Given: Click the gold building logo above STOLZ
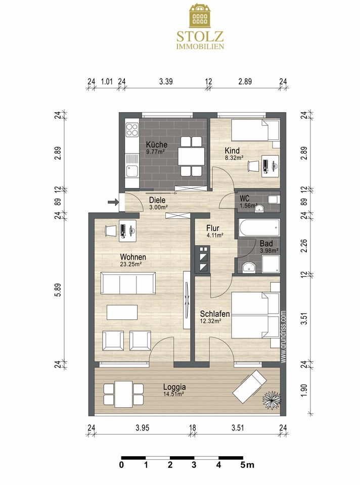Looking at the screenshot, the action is [x=200, y=15].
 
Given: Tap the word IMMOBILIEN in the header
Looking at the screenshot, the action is [x=200, y=46].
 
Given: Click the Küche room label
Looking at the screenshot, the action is [x=157, y=144].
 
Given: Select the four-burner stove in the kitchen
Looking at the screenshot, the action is [x=132, y=130].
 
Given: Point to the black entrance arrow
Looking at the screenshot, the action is [x=113, y=203].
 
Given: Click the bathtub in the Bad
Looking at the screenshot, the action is [x=259, y=228].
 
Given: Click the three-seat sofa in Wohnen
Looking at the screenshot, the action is [x=128, y=283].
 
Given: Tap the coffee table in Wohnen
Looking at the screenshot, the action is [x=122, y=312].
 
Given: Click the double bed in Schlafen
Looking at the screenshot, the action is [x=256, y=315].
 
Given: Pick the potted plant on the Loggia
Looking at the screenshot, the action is [x=272, y=400].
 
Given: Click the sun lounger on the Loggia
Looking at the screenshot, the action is [x=250, y=385].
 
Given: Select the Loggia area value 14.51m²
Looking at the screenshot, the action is [x=173, y=394].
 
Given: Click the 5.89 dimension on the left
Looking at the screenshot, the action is [x=58, y=290].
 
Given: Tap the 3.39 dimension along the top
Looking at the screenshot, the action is [x=166, y=82].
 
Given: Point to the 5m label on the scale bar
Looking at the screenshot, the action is [x=247, y=465].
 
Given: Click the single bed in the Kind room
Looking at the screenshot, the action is [x=256, y=130].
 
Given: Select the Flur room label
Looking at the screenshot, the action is [x=213, y=228].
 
